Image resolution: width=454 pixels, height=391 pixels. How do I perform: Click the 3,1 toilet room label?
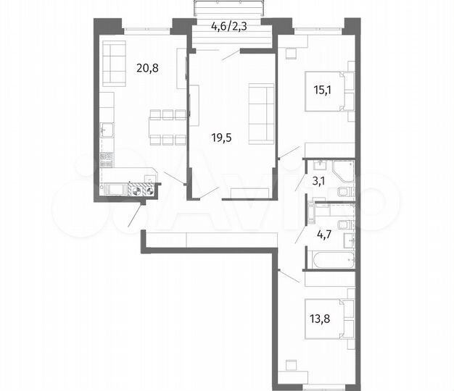[318, 182]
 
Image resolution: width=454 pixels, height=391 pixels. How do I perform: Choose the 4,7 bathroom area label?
[320, 234]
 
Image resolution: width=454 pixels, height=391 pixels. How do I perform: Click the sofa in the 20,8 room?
[113, 62]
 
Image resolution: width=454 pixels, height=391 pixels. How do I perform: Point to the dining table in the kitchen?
[167, 127]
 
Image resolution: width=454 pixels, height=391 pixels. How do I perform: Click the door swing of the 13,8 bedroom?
[288, 276]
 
